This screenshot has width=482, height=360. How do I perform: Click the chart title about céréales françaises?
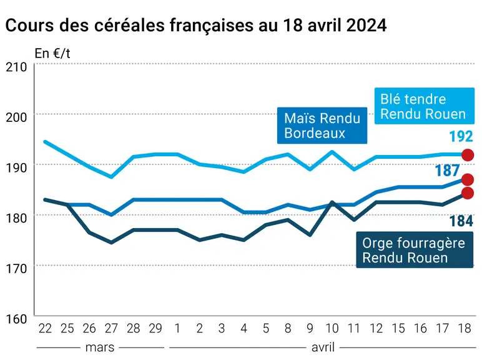coord(196,25)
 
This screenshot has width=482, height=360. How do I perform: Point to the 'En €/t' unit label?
coord(52,54)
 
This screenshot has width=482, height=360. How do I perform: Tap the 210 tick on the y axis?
coord(16,67)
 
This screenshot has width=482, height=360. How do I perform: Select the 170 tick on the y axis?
coord(16,269)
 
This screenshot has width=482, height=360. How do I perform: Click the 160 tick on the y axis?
coord(16,319)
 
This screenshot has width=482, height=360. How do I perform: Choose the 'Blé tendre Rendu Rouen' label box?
coord(424,106)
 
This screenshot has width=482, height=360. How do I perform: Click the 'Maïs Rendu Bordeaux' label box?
coord(322,126)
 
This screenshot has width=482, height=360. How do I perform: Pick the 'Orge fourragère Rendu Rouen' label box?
coord(415,250)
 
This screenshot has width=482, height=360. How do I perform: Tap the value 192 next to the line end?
coord(461,137)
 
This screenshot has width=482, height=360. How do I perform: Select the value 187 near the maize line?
coord(447,171)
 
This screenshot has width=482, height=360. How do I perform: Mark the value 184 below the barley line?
coord(461,221)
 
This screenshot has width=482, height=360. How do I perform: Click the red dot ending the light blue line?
coord(468,155)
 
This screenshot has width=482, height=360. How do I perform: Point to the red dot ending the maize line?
coord(468,180)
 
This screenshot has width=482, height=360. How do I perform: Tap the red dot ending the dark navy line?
coord(468,193)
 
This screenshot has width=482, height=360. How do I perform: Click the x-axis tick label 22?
coord(45,329)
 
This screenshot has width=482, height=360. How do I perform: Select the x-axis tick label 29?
coord(155,329)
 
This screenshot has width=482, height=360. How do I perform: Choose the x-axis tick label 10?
coord(332,329)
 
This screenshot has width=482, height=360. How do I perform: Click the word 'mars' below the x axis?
coord(100,347)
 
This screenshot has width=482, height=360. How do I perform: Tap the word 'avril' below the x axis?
coord(323,347)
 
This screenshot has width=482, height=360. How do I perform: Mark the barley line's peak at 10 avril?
coord(332,202)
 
